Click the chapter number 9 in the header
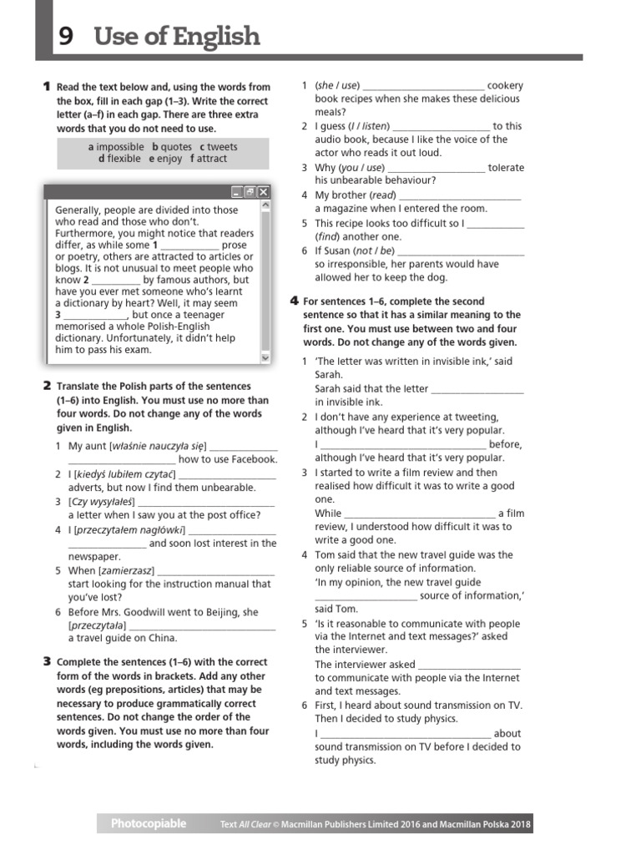click(64, 38)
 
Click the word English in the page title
click(217, 38)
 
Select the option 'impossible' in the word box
click(120, 146)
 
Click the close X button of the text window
click(263, 192)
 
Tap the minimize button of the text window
click(237, 192)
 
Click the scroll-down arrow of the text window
click(265, 357)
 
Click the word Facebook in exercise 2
click(253, 459)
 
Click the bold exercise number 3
click(47, 662)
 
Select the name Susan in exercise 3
click(337, 250)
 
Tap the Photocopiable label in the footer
click(149, 823)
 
